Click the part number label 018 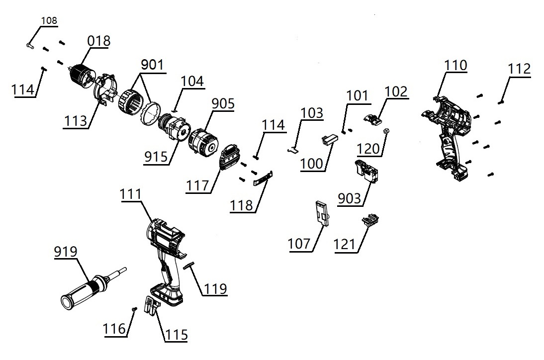pyautogui.click(x=99, y=40)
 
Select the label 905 pyautogui.click(x=223, y=103)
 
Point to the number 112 pyautogui.click(x=519, y=69)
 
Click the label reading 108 pyautogui.click(x=49, y=21)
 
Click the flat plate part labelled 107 pyautogui.click(x=321, y=213)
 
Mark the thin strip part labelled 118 pyautogui.click(x=263, y=178)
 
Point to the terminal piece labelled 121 pyautogui.click(x=370, y=220)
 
